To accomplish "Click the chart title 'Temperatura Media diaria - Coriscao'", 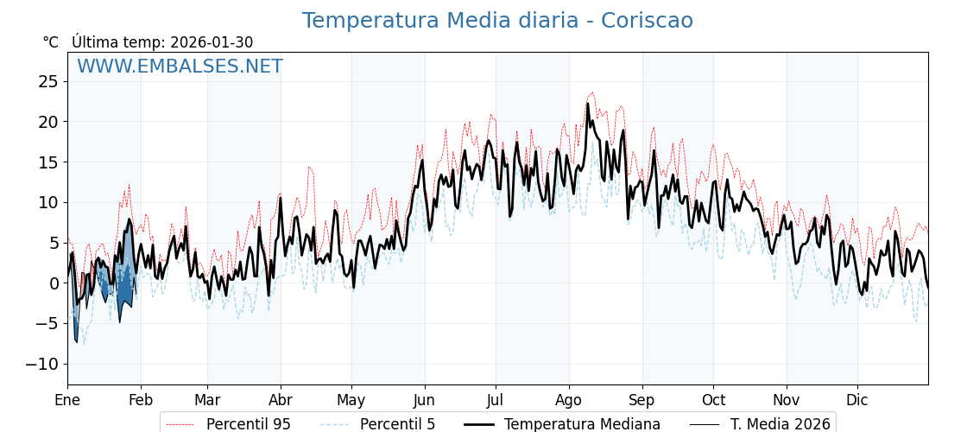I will (x=497, y=21).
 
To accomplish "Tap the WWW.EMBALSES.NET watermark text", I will (x=180, y=67).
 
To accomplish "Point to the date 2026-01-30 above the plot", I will (x=212, y=42).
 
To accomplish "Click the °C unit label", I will (x=50, y=42).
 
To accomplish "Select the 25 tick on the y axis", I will (x=47, y=81).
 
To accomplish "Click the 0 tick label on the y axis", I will (x=54, y=283).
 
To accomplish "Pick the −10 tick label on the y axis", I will (x=42, y=364).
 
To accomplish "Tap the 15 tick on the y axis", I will (x=47, y=162).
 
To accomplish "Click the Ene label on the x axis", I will (x=67, y=400).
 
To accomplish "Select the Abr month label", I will (x=281, y=400).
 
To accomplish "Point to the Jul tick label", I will (x=496, y=400).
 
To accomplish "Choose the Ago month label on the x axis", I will (x=569, y=400).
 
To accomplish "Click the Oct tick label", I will (x=713, y=400).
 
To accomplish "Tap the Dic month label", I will (x=857, y=400).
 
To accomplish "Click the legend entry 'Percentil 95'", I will (x=248, y=424).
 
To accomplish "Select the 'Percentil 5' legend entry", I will (x=397, y=424).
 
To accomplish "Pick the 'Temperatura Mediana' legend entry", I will (x=582, y=424).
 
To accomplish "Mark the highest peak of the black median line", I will (x=588, y=104).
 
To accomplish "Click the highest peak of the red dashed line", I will (x=592, y=92).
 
